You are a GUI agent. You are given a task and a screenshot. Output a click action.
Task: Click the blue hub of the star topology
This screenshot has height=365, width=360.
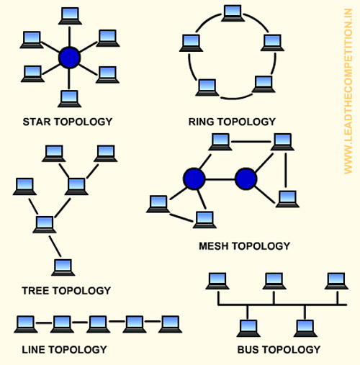point(69,58)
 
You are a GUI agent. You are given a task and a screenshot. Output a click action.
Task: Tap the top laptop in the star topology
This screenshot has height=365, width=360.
point(70,16)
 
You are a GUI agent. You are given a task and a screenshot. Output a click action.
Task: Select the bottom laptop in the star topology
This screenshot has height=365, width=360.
point(69,99)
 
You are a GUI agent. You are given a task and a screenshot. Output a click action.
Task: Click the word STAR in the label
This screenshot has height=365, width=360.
point(37,122)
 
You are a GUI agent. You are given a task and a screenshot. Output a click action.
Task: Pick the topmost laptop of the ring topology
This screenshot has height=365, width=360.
point(233,14)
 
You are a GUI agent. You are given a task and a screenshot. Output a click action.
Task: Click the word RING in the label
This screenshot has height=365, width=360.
point(202,122)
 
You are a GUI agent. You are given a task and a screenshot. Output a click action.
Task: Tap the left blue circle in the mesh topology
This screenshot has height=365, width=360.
point(194,179)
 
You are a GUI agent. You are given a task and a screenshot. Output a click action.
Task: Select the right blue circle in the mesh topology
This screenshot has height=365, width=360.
point(246,179)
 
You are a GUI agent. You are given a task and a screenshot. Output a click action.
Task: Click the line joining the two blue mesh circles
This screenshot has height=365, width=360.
point(220,179)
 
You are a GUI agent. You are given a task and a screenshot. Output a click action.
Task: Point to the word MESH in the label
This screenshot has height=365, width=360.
point(213,246)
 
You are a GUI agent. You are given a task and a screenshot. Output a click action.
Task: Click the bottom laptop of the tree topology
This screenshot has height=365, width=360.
point(63,268)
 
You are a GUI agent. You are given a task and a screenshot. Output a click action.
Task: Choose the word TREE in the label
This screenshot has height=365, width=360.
point(36,291)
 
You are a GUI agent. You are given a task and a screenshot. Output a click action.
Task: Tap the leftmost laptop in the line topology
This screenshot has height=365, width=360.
point(26,325)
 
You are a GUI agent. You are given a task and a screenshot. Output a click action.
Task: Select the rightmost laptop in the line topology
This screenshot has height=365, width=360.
point(170,325)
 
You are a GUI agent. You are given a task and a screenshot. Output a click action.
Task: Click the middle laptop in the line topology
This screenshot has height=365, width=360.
point(98,325)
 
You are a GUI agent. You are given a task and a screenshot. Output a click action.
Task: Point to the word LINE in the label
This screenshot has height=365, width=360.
point(34,350)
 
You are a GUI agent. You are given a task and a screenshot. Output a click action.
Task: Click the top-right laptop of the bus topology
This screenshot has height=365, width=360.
point(336,281)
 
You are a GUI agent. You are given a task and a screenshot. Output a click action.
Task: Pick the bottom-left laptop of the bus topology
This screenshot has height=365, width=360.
point(248,328)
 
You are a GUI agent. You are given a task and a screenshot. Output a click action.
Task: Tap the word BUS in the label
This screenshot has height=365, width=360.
point(248,350)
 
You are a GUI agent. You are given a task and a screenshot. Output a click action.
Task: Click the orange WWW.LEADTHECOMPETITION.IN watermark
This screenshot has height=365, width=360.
point(348,91)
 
